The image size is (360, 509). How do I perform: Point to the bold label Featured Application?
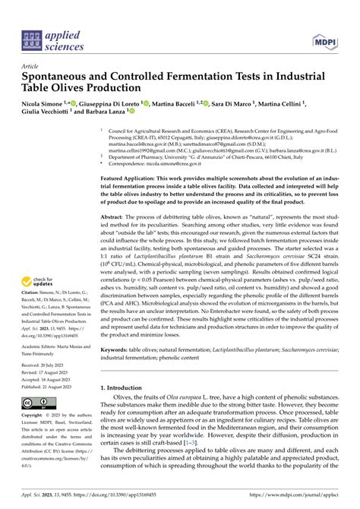(131, 175)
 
